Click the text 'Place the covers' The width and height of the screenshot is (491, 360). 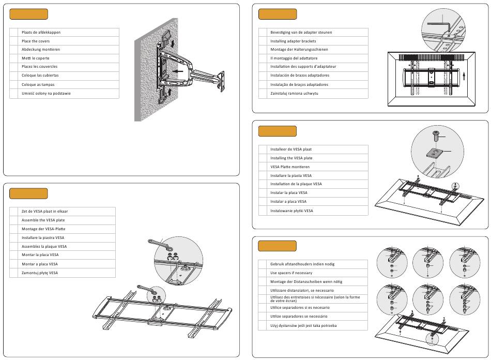pos(36,41)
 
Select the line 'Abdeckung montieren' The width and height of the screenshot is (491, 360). pos(41,50)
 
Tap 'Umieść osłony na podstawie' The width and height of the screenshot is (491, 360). pos(46,94)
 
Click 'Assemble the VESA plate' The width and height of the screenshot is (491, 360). pos(43,220)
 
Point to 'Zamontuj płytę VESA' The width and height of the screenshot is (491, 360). pos(40,273)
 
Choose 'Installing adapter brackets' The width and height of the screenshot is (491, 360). pos(293,41)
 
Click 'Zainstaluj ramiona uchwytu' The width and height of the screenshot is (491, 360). pos(294,93)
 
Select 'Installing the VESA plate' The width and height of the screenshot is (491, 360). pos(291,158)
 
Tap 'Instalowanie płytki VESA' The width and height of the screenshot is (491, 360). pos(291,211)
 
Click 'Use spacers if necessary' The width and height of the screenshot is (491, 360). pos(291,273)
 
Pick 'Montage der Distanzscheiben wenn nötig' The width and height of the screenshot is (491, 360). pos(306,281)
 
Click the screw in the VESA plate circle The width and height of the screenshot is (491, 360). pos(435,137)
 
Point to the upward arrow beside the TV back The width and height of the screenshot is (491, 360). pos(465,76)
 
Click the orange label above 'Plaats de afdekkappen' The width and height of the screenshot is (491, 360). pos(29,14)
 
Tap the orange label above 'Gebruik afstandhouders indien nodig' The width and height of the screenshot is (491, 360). pos(278,246)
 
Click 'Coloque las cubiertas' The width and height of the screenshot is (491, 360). pos(40,76)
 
